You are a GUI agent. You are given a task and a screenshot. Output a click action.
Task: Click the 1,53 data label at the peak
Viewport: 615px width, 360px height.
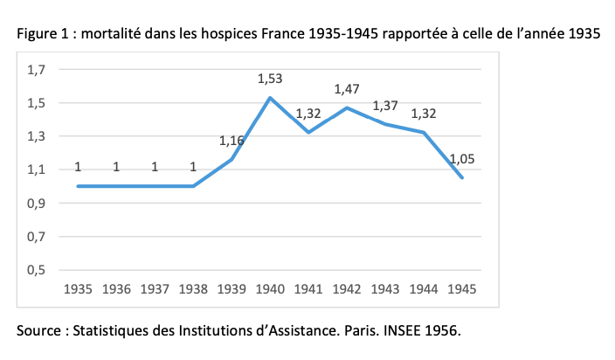270,79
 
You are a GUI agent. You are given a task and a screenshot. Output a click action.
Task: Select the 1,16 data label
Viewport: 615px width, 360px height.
231,140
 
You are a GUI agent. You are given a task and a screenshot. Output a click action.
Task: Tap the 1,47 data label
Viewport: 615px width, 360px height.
347,89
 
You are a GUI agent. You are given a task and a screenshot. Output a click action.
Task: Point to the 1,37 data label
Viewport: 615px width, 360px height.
385,106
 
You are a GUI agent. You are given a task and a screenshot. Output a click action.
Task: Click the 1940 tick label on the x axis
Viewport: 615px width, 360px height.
270,287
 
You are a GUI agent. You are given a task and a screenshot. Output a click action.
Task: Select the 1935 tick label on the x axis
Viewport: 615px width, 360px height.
78,287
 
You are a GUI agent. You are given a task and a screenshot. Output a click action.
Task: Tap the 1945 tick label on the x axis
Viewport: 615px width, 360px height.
463,287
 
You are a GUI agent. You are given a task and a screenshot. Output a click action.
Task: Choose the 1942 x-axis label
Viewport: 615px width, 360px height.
347,287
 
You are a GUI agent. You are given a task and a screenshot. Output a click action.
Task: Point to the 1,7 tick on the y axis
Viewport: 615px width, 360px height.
38,70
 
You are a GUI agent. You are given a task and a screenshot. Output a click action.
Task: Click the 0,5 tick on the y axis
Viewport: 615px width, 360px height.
38,270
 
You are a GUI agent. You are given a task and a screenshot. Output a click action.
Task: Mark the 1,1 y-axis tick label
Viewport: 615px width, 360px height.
38,170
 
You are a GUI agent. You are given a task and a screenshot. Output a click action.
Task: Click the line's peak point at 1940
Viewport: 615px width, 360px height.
270,97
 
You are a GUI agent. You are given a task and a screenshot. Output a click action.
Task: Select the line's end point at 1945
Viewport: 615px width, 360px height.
463,177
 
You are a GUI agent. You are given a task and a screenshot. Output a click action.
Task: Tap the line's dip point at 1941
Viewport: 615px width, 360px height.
308,132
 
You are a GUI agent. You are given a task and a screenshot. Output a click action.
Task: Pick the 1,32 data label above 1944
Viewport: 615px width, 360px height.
424,114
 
